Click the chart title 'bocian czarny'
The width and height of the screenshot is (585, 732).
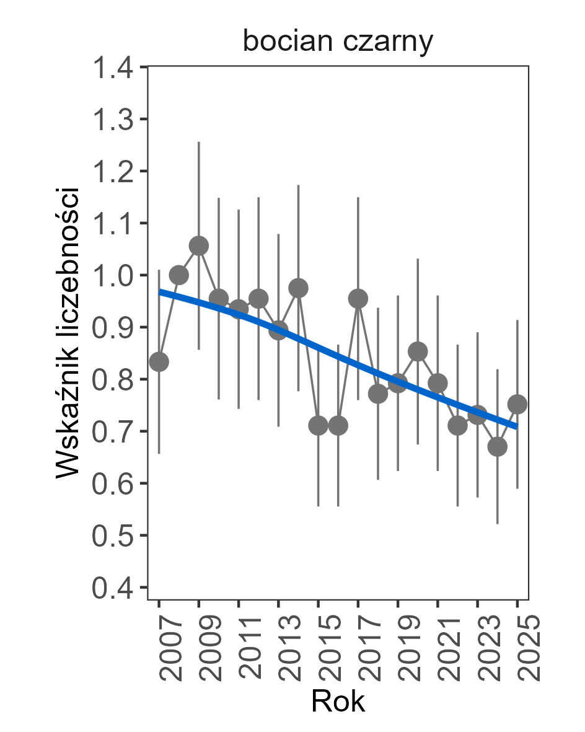coord(338,42)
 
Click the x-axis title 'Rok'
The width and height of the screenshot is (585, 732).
coord(338,701)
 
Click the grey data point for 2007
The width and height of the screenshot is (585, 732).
coord(159,362)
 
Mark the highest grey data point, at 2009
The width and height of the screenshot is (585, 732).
coord(199,246)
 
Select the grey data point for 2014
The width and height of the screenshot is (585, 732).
coord(298,288)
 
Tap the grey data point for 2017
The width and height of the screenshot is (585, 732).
coord(358,299)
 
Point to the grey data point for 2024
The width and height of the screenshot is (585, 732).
coord(498,446)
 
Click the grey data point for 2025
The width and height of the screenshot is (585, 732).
coord(517,404)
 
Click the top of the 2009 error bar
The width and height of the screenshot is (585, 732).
coord(199,143)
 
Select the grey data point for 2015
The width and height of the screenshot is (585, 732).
coord(319,425)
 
